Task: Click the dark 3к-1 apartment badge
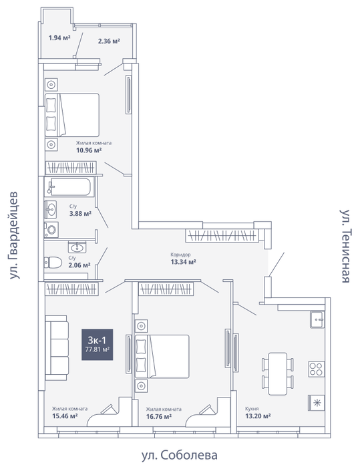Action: click(98, 345)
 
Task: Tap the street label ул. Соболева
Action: click(179, 456)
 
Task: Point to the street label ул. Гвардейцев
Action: click(13, 235)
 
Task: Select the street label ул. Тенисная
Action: click(346, 246)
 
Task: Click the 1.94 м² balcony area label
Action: click(59, 38)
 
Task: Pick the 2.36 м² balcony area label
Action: click(109, 41)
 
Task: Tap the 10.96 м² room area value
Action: click(89, 150)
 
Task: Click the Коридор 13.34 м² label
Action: click(183, 259)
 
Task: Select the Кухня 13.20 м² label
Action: click(258, 412)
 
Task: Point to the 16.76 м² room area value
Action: click(159, 416)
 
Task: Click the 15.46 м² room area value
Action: click(65, 416)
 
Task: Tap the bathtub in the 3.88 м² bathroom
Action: click(69, 187)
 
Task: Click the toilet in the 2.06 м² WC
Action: click(53, 263)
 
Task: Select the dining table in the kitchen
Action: click(278, 373)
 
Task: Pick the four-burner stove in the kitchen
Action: click(316, 369)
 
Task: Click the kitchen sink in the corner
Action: click(317, 319)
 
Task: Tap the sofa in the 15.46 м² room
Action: click(57, 348)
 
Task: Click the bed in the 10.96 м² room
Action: click(72, 115)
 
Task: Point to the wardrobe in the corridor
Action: click(222, 236)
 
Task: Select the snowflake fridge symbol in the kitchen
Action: click(317, 403)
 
